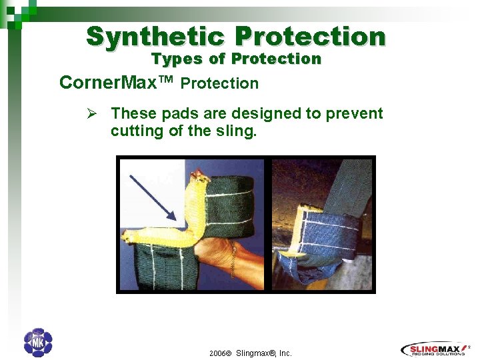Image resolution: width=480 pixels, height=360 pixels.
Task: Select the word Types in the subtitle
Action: coord(177,59)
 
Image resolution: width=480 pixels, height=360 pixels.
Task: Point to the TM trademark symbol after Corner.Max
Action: coord(165,79)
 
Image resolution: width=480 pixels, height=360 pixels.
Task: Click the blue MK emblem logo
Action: coord(37,343)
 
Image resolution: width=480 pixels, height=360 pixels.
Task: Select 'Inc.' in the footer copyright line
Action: coord(285,353)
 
